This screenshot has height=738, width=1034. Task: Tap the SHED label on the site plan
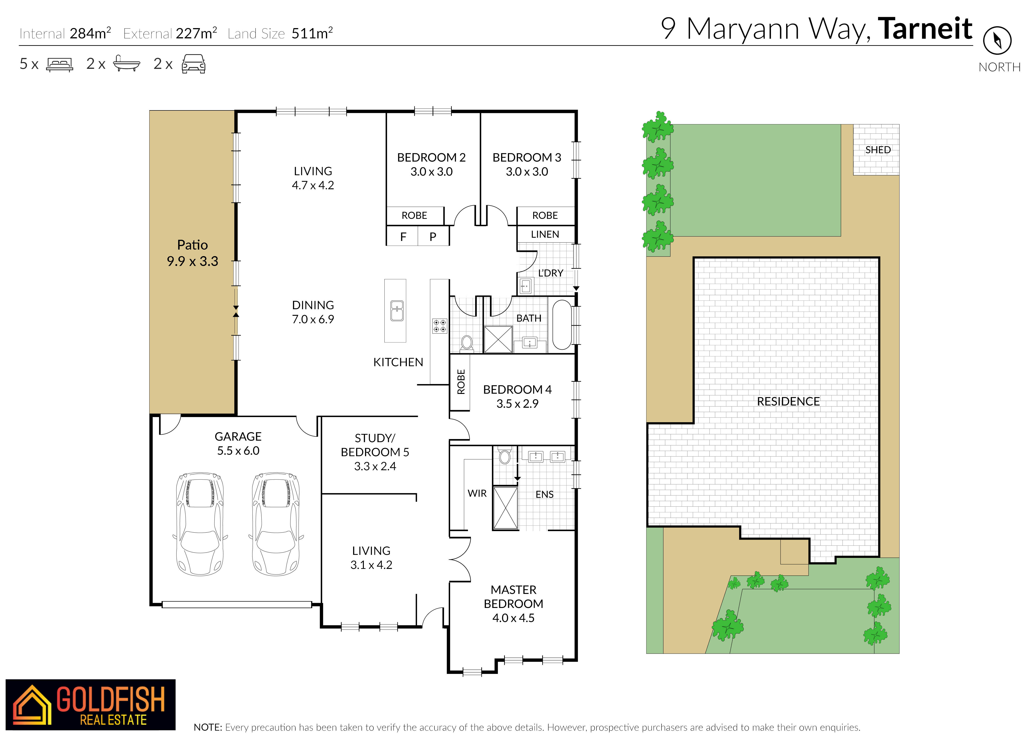(878, 150)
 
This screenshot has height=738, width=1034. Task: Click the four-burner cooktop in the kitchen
(439, 325)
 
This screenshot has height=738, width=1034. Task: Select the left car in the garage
(200, 524)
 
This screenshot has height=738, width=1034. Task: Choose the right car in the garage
(276, 524)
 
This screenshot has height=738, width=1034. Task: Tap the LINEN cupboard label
(545, 234)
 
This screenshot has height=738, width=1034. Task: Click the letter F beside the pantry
(403, 237)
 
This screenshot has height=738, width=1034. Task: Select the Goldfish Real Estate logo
(90, 704)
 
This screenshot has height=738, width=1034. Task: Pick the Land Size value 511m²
(312, 33)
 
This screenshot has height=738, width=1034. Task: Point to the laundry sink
(526, 286)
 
